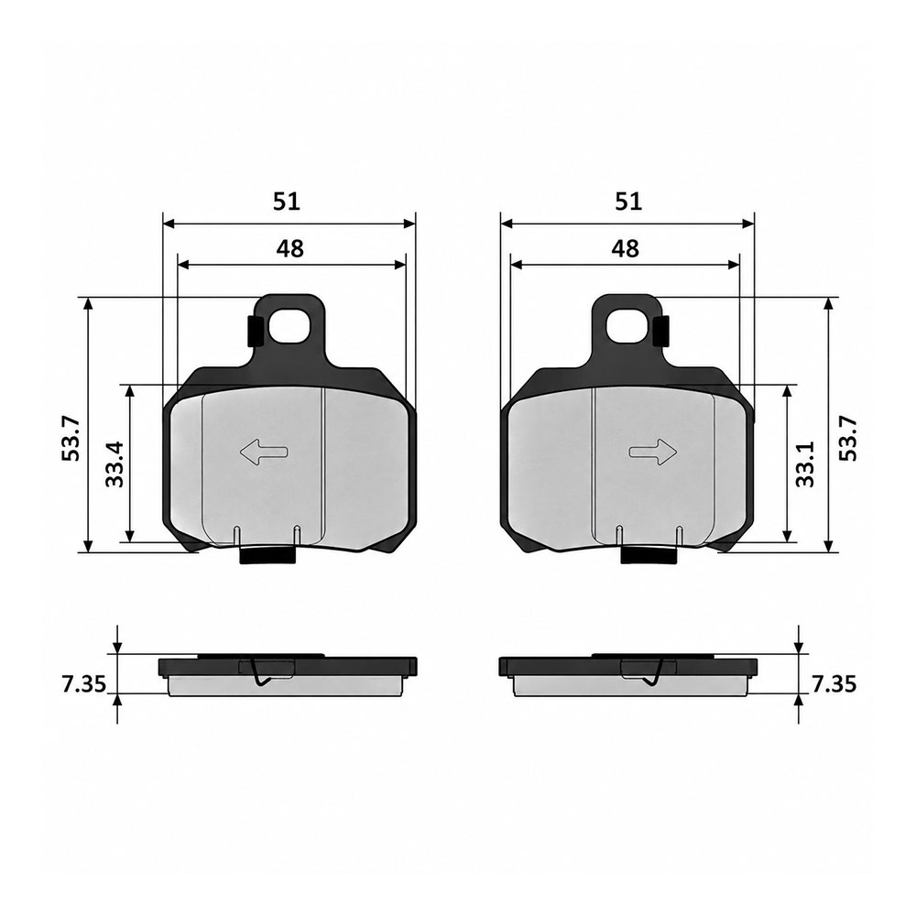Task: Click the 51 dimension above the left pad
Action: click(x=287, y=202)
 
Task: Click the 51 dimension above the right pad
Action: click(x=628, y=202)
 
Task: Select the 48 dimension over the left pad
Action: click(x=290, y=249)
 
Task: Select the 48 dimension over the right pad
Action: click(x=625, y=249)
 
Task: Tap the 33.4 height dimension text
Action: click(x=115, y=464)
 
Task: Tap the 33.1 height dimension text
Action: click(x=805, y=464)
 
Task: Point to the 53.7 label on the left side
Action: click(x=71, y=438)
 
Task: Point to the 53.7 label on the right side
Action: click(x=848, y=438)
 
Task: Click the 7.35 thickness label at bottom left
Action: click(x=84, y=684)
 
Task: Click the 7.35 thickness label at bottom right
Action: click(x=834, y=684)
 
